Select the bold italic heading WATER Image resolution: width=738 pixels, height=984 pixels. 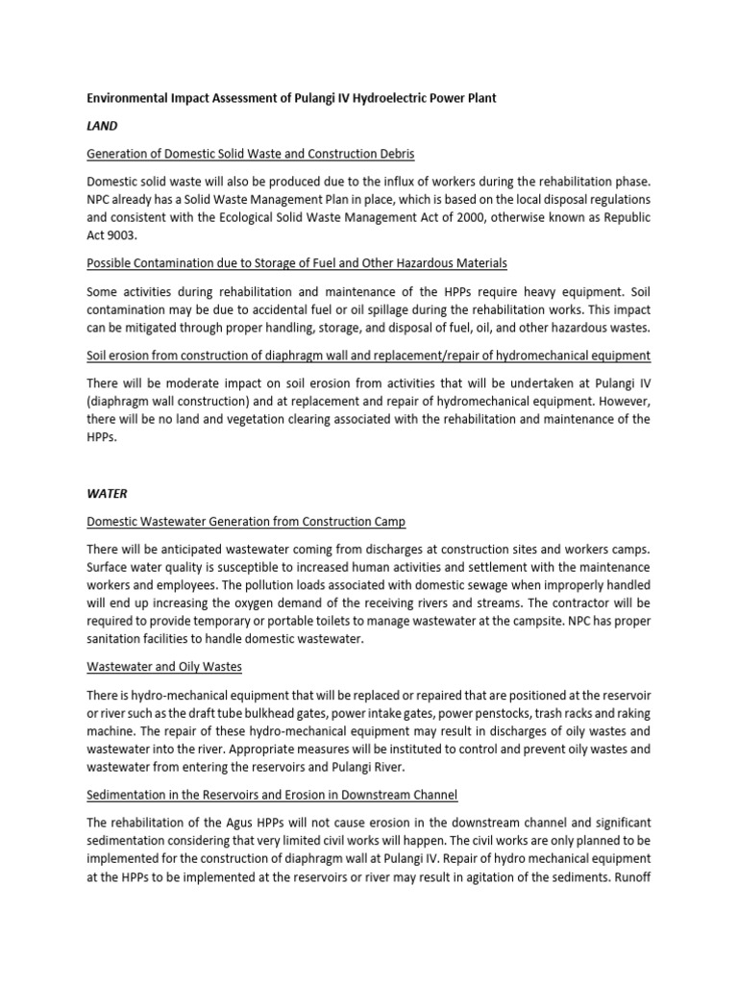coord(107,494)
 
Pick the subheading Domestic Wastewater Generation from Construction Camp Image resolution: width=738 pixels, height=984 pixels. coord(246,521)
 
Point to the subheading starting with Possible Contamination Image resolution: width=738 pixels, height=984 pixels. coord(297,263)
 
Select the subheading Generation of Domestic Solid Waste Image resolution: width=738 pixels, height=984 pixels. coord(251,154)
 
